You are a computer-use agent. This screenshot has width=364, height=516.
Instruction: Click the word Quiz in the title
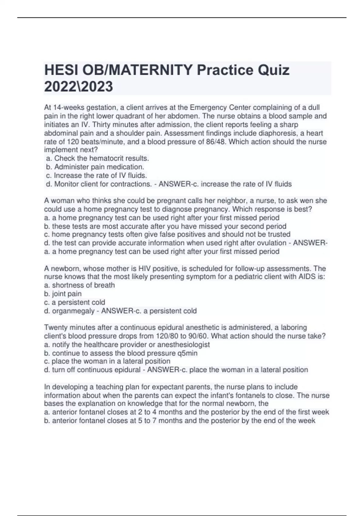pos(273,70)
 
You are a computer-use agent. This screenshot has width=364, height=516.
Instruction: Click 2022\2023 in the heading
pos(79,87)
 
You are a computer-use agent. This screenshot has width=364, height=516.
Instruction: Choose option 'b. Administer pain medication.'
pos(95,167)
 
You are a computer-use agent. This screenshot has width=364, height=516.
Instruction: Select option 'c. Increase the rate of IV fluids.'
pos(96,175)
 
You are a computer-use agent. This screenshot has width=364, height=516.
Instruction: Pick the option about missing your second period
pos(165,226)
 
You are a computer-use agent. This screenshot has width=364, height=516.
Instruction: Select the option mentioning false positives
pos(167,234)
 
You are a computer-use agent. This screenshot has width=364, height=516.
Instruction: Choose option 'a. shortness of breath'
pos(79,285)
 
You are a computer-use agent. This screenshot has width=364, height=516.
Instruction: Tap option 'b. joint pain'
pos(63,294)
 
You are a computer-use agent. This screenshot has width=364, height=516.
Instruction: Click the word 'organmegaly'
pos(73,311)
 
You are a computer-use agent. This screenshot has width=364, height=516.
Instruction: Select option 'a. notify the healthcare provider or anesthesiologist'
pos(127,345)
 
